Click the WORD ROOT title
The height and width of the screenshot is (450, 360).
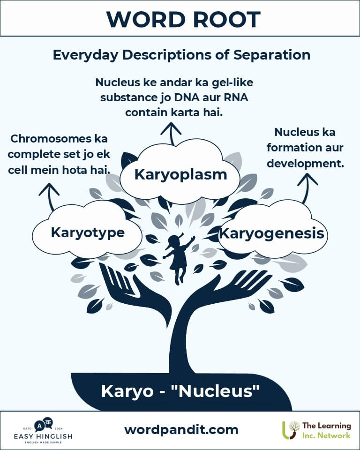pos(183,20)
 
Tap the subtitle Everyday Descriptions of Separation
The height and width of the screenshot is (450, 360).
pos(181,54)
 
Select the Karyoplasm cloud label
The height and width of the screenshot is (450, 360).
pos(180,174)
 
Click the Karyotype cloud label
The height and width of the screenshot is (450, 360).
pos(88,232)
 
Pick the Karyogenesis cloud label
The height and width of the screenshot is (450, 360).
pos(271,233)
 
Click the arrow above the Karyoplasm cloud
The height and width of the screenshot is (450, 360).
pos(172,134)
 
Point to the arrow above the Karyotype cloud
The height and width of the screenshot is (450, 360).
pos(50,197)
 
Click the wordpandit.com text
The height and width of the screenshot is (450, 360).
pos(181,430)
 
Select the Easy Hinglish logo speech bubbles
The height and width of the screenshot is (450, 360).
pos(43,425)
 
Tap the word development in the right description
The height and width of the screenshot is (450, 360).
pos(305,164)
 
